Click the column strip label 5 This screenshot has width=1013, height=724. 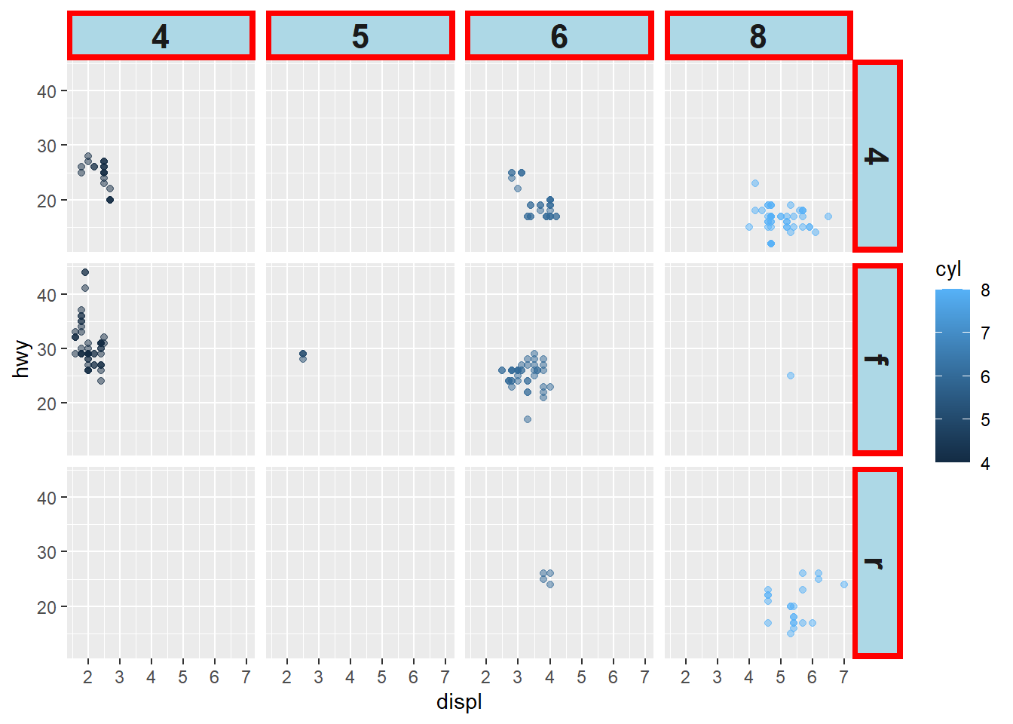point(360,35)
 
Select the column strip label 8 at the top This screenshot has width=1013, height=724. point(758,35)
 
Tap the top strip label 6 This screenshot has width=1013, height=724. point(559,35)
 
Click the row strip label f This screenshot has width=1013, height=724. point(877,360)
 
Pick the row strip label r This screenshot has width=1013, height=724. point(877,563)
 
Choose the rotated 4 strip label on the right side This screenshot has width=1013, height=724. point(877,156)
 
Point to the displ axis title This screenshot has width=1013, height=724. point(459,702)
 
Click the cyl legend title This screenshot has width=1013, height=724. point(948,269)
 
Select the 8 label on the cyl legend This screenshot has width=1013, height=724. point(985,290)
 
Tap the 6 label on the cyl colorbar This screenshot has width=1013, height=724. point(985,377)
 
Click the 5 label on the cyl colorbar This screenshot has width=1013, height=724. point(985,420)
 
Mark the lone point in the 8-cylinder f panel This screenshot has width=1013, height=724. point(790,376)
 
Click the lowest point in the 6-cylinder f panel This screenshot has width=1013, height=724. point(528,419)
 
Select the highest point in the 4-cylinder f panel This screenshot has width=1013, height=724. point(85,272)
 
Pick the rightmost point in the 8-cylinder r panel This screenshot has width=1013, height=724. point(844,584)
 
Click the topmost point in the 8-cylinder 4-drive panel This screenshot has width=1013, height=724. point(755,183)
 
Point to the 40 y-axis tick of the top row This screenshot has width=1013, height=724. point(47,91)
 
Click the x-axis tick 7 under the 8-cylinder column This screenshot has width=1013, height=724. point(844,677)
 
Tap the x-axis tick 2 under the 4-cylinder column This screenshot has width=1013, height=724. point(88,677)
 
